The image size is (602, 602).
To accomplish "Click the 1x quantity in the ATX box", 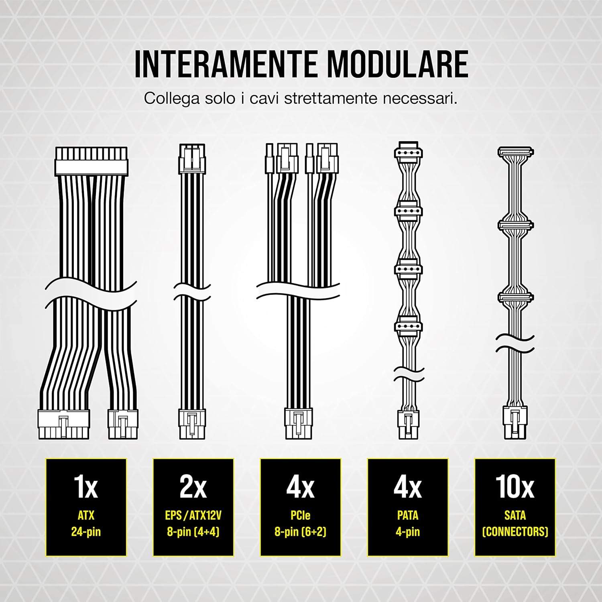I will pos(86,486).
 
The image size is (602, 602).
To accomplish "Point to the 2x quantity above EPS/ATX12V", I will pos(193,486).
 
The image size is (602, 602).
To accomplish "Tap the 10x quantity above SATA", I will pos(515,486).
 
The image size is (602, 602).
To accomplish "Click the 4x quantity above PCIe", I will pos(300,486).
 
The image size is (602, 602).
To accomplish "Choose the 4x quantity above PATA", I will pos(407,486).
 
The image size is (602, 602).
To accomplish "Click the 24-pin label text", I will pos(86,532).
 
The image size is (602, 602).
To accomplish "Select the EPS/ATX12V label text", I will pos(193,515).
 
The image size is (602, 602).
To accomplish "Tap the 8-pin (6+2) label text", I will pos(300,532).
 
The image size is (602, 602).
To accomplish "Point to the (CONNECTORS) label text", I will pos(515,532).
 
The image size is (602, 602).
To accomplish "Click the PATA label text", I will pos(407,515).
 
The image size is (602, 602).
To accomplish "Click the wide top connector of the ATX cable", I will pos(91,161).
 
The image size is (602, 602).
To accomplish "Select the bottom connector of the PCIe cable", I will pos(298,424).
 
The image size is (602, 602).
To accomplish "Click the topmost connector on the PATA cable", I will pos(408,152).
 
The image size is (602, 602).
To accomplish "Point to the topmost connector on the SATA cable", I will pos(516,153).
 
